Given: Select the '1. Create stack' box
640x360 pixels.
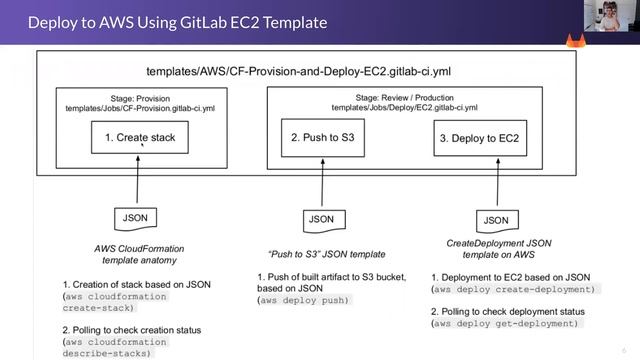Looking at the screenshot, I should point(139,138).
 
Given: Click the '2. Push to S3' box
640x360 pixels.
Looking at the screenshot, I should point(323,137).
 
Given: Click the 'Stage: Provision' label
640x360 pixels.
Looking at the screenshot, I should point(139,99).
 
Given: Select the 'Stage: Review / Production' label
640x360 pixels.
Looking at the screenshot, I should point(404,97).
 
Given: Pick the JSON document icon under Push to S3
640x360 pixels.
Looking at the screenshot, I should point(321,218).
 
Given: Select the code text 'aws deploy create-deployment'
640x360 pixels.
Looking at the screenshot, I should point(513,288).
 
